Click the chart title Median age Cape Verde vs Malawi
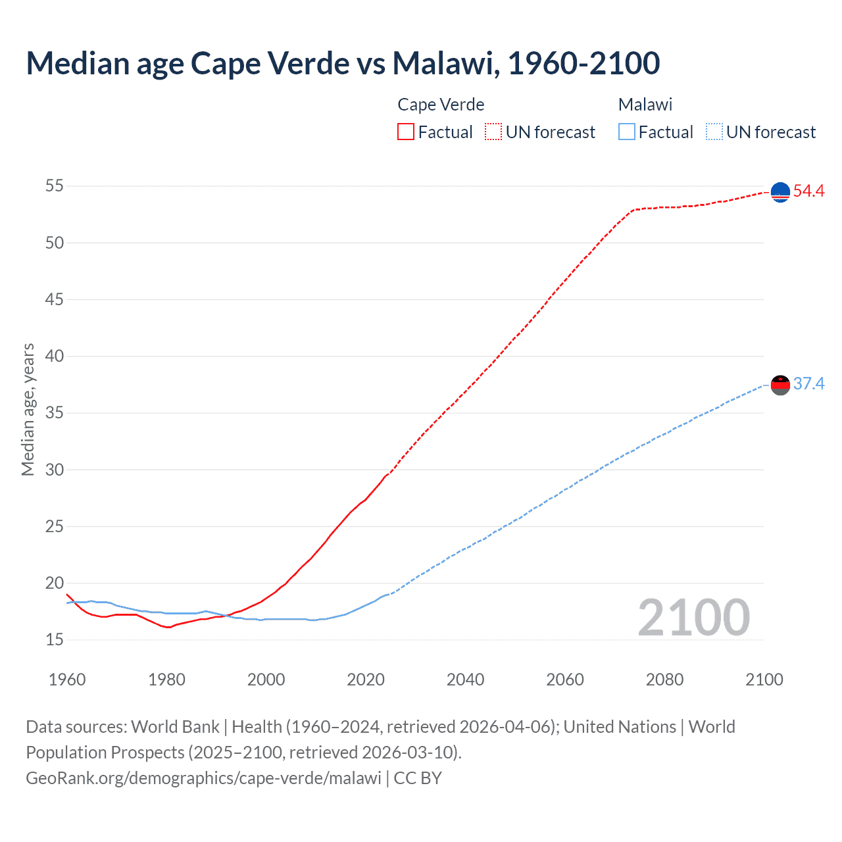tap(342, 63)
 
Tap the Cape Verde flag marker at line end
tap(780, 192)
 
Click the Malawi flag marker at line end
tap(780, 385)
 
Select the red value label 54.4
tap(808, 191)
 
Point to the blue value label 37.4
tap(808, 384)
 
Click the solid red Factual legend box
tap(406, 132)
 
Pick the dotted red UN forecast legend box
tap(493, 132)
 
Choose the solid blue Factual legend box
tap(627, 132)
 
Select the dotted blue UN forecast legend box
tap(714, 132)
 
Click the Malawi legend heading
tap(645, 105)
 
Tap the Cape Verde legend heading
tap(441, 105)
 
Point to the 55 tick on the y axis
tap(55, 186)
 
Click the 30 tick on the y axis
tap(55, 470)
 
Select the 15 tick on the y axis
tap(55, 639)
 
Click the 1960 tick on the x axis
tap(67, 680)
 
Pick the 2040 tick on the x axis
tap(465, 680)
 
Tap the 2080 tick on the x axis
tap(664, 680)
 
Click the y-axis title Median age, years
tap(28, 409)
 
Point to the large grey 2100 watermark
tap(693, 618)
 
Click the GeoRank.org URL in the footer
tap(203, 778)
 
